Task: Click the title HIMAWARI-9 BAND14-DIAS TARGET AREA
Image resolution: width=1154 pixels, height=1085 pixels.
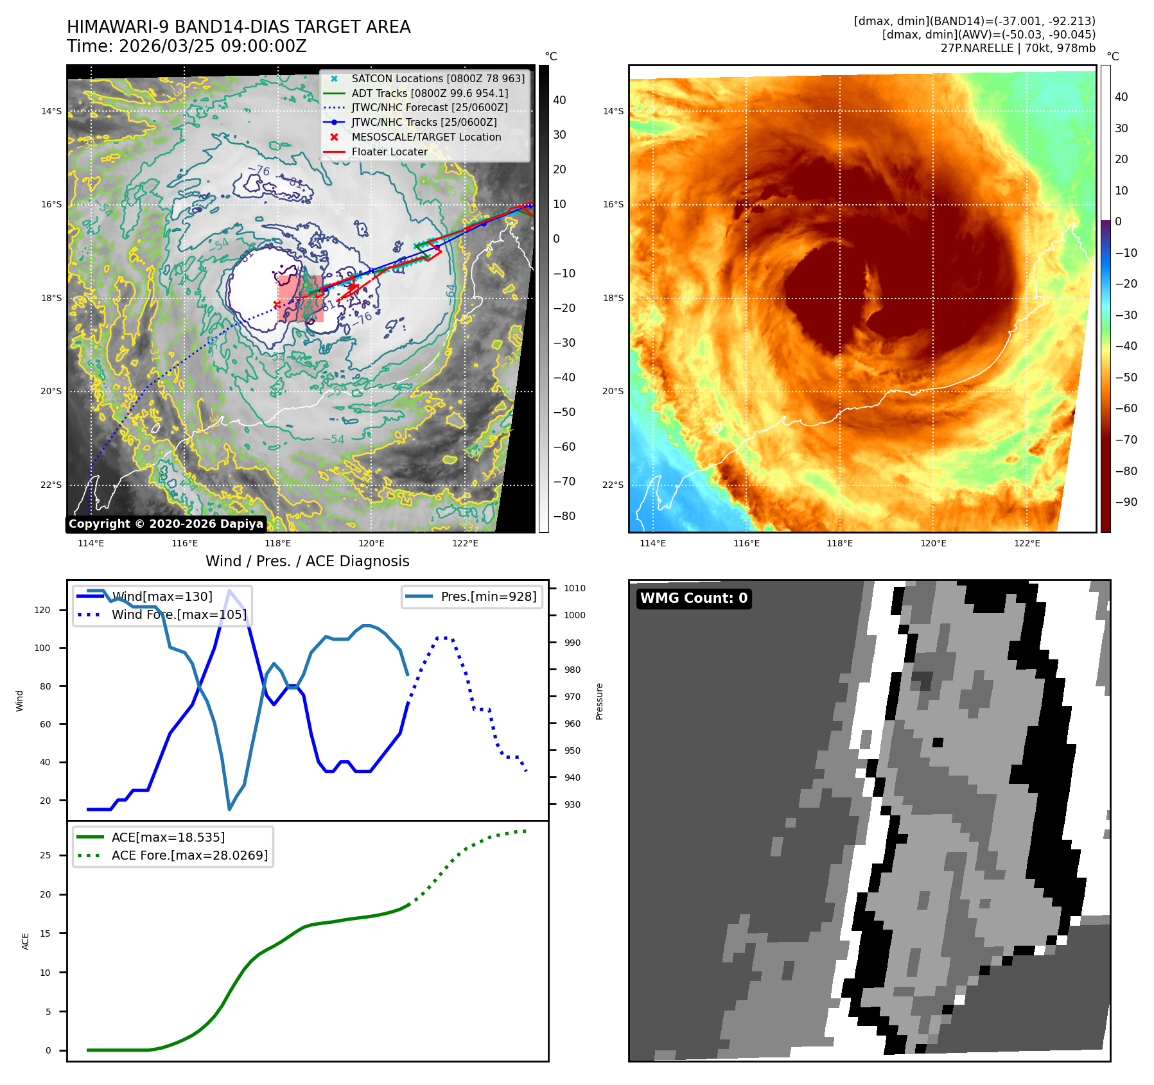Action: (x=238, y=27)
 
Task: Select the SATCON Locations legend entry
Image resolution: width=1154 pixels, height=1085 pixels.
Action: (x=437, y=78)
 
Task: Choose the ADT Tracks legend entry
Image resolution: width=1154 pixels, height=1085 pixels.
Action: (x=429, y=93)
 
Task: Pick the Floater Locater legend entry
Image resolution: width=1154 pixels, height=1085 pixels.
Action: (x=389, y=152)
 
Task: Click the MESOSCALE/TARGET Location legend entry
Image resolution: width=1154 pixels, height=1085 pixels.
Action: (x=426, y=137)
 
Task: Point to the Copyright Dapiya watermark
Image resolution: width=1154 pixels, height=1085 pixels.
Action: (x=166, y=524)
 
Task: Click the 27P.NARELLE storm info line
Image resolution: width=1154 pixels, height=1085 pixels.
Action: (x=1018, y=48)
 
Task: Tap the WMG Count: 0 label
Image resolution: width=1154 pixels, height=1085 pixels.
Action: (x=694, y=598)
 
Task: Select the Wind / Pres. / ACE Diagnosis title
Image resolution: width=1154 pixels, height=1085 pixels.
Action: (x=307, y=561)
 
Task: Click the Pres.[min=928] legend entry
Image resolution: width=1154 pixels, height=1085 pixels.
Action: (x=488, y=596)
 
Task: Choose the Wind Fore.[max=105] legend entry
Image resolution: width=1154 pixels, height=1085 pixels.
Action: (x=179, y=614)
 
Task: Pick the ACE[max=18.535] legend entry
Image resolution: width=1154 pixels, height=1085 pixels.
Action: (x=168, y=837)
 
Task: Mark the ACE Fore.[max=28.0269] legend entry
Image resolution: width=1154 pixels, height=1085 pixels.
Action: (x=189, y=855)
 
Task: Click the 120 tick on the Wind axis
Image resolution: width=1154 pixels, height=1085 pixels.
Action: (x=42, y=610)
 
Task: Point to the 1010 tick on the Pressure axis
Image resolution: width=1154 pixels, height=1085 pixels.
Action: (x=575, y=588)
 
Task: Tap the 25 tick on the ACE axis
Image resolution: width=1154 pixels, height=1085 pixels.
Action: (x=46, y=855)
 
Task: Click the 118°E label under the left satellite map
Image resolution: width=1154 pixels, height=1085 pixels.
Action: (x=278, y=543)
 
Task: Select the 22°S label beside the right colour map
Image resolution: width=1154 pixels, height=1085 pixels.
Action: (x=613, y=485)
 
